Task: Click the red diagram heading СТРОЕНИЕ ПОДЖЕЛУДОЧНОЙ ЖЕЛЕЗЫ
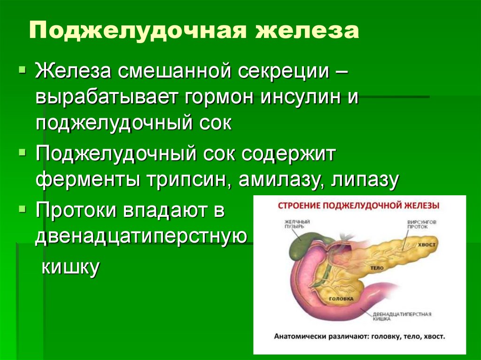pyautogui.click(x=359, y=206)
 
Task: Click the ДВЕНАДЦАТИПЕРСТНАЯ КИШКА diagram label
pyautogui.click(x=402, y=316)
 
